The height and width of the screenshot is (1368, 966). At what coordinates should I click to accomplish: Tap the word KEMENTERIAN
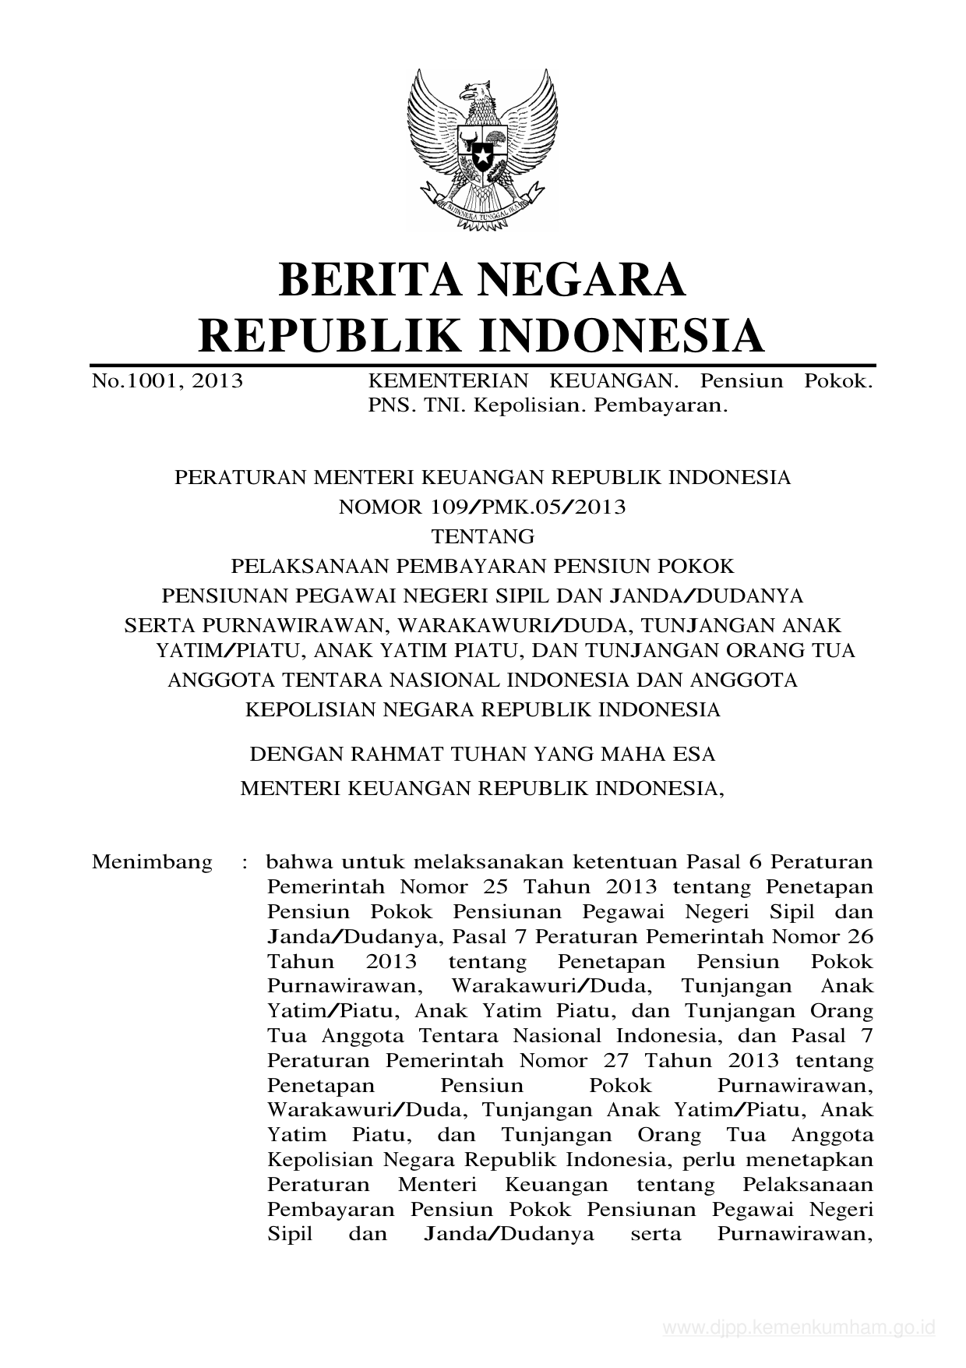(447, 381)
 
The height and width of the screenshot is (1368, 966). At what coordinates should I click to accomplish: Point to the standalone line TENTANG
(483, 537)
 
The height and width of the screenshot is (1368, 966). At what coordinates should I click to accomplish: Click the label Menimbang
(152, 862)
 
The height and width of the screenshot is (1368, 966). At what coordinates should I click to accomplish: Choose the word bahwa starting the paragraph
(298, 862)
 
